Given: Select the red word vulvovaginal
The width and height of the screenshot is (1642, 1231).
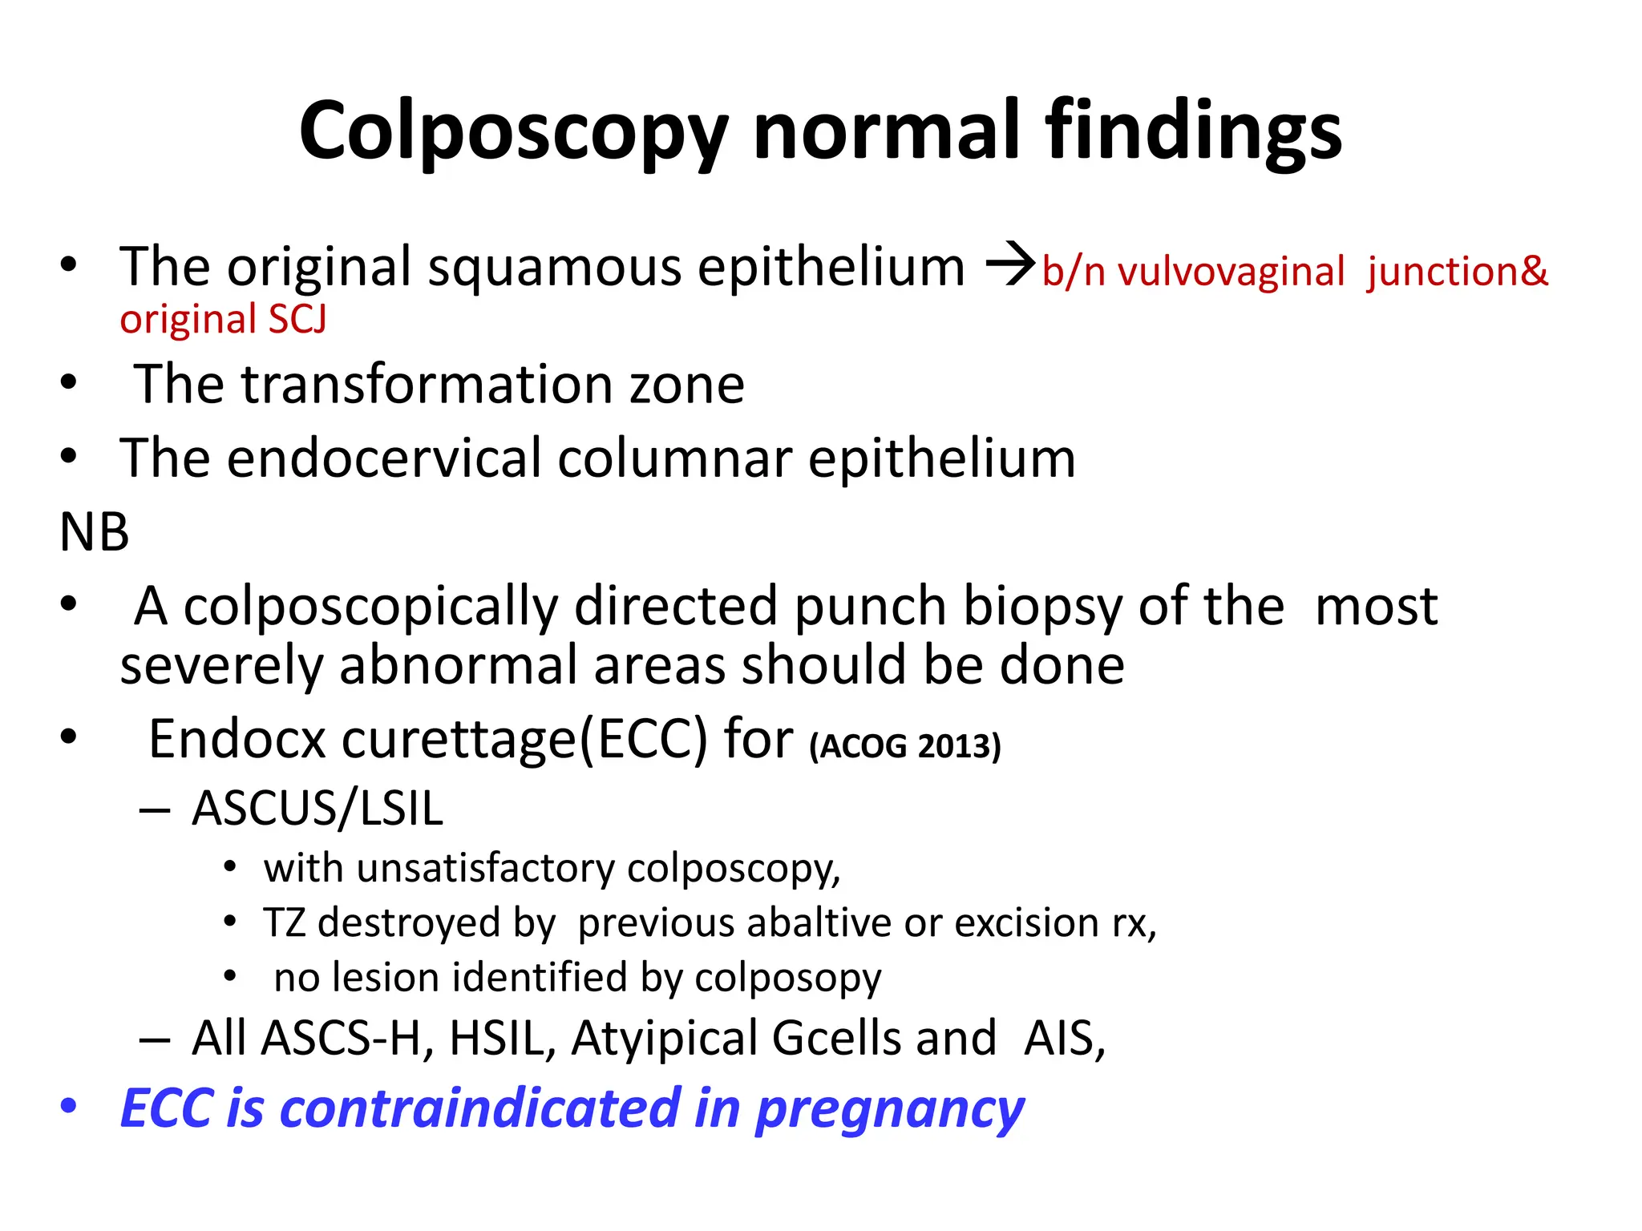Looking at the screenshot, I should [x=1231, y=272].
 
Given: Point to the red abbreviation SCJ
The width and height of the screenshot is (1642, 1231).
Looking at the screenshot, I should [x=297, y=320].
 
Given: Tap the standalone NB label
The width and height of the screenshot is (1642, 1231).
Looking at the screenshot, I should [x=94, y=532].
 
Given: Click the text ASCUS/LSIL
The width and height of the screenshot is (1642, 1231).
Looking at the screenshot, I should [x=317, y=808].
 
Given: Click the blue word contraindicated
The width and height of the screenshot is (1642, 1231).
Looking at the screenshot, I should [x=480, y=1108].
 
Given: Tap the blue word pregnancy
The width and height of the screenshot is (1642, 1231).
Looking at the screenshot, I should [x=890, y=1110].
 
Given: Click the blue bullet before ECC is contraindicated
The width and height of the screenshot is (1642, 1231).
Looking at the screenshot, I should [x=69, y=1107].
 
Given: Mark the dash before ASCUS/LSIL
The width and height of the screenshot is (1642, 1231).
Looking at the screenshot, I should [x=154, y=809].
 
